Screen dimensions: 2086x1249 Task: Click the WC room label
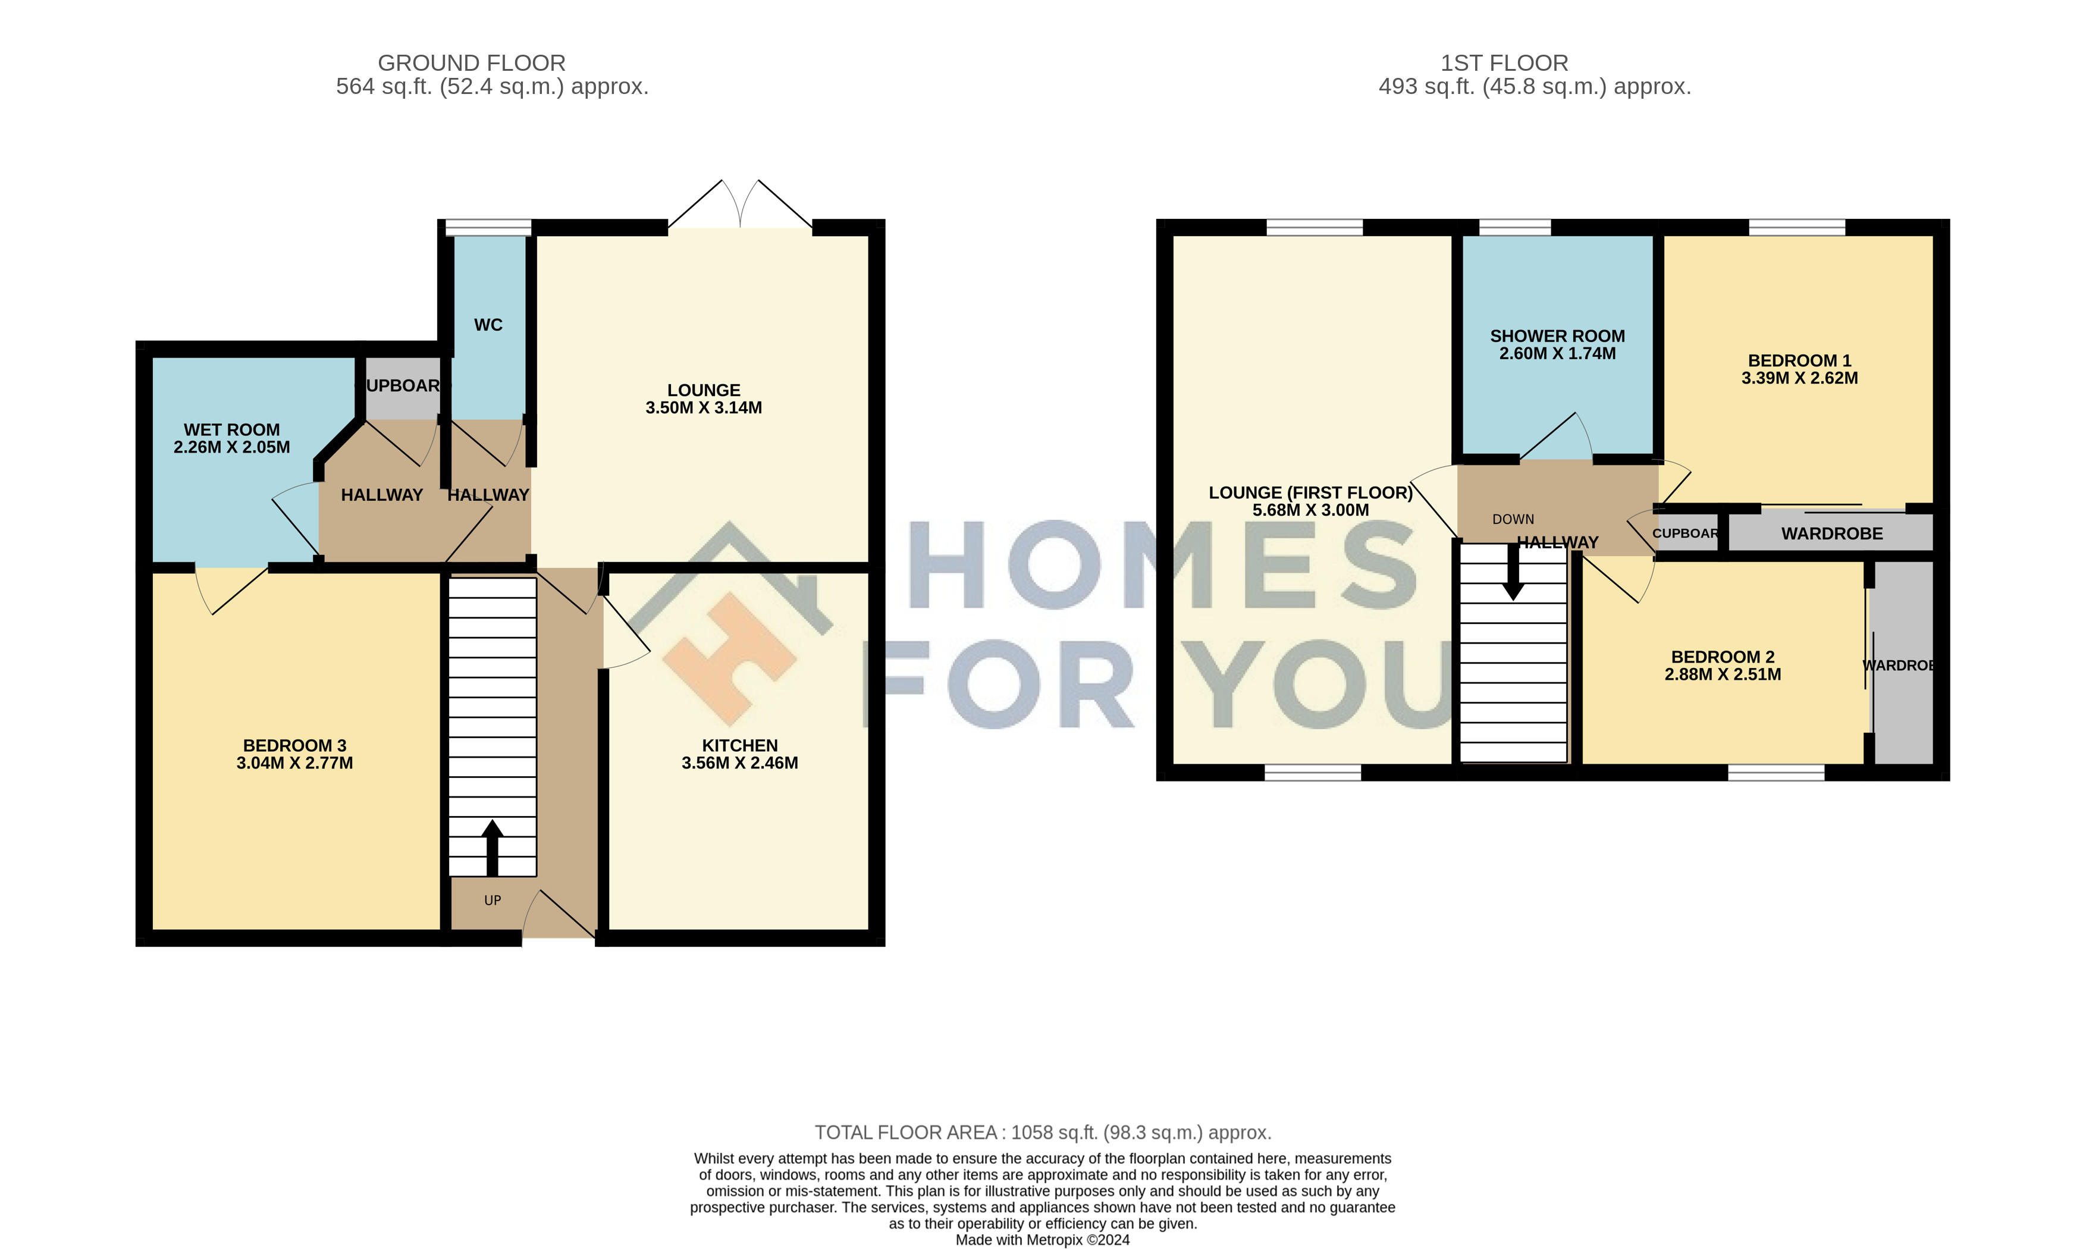tap(488, 325)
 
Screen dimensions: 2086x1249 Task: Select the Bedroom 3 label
tap(294, 746)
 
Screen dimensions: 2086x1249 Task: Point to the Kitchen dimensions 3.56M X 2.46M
tap(740, 763)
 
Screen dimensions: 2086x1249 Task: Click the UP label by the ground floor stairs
tap(493, 900)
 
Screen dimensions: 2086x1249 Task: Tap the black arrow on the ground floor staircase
tap(493, 848)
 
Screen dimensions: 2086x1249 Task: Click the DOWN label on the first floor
tap(1513, 519)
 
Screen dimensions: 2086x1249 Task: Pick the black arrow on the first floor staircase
tap(1513, 572)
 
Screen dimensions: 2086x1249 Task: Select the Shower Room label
tap(1558, 336)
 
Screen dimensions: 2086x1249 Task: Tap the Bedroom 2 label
tap(1723, 657)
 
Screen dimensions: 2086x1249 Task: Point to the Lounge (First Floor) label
tap(1311, 492)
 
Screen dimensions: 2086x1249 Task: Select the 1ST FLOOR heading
tap(1504, 63)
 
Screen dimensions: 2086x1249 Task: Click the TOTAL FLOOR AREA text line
tap(1043, 1133)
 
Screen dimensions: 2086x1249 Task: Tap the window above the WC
tap(488, 227)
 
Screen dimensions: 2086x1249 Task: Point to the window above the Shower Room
tap(1514, 227)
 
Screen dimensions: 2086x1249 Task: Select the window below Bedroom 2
tap(1776, 773)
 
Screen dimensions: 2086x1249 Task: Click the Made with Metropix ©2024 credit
tap(1043, 1239)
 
